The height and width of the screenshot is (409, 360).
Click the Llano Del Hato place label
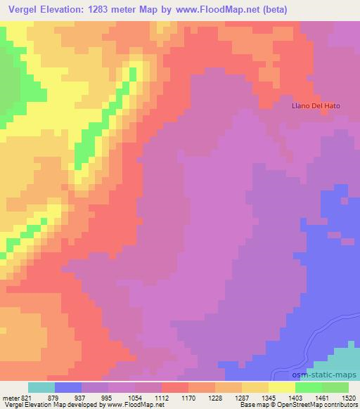[316, 106]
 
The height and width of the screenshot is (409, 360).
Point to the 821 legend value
[25, 397]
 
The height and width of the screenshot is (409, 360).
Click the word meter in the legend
[11, 397]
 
